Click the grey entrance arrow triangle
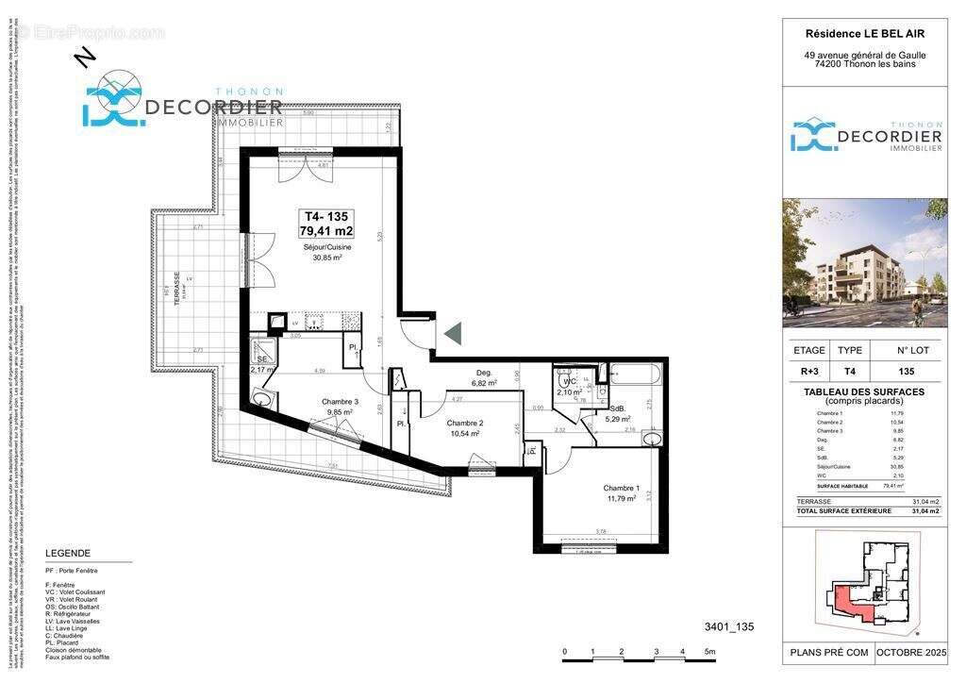pos(453,332)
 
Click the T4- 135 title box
pos(326,223)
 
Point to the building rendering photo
pos(864,262)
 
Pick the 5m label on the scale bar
pos(709,652)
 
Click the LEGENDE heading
pos(68,553)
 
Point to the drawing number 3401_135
pos(729,626)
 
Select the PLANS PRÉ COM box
pos(827,652)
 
